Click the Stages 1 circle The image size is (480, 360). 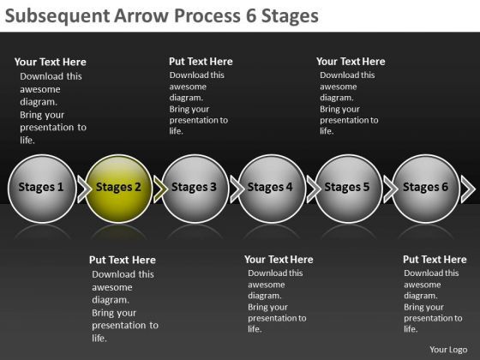click(41, 188)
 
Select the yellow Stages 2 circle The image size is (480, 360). click(118, 188)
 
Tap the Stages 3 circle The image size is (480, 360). click(195, 188)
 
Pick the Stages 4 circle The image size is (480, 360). click(271, 188)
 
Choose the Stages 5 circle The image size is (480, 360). click(348, 188)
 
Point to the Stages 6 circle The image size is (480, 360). click(425, 188)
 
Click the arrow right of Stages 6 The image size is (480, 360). click(467, 188)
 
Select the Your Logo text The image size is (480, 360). click(447, 349)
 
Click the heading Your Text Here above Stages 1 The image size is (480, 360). click(51, 62)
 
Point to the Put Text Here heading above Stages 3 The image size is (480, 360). click(201, 62)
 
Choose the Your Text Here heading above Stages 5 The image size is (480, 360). click(351, 62)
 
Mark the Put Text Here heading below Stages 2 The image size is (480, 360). click(123, 260)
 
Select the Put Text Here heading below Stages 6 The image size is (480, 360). click(435, 260)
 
